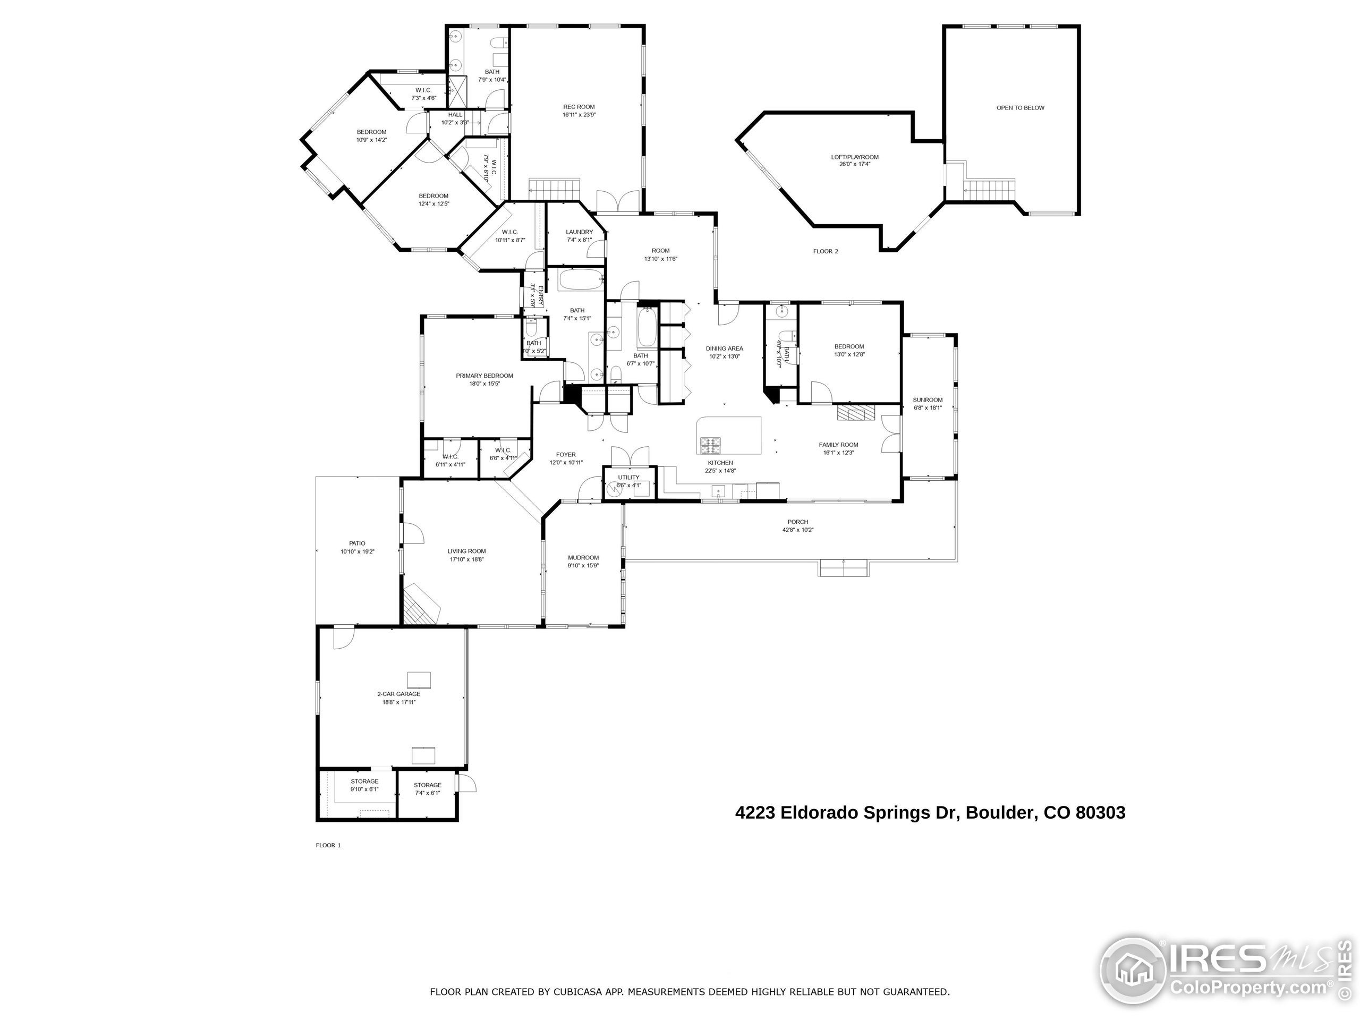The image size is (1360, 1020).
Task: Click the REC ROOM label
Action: [x=579, y=107]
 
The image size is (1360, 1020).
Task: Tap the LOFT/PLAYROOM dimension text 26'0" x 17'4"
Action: [x=855, y=164]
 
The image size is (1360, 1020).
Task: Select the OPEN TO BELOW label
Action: [x=1020, y=108]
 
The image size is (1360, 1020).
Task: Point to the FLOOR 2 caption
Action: [x=825, y=251]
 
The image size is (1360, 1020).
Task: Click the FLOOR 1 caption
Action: [x=328, y=845]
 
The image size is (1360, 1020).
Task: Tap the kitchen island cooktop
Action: [x=710, y=442]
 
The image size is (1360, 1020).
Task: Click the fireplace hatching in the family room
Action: [x=854, y=413]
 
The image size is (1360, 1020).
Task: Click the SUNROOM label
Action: [x=927, y=399]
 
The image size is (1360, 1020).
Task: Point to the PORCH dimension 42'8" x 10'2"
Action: [x=797, y=530]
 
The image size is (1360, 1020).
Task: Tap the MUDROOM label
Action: [x=583, y=558]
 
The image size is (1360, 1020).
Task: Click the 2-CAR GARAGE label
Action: [x=398, y=693]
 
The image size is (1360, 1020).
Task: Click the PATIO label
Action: [x=357, y=543]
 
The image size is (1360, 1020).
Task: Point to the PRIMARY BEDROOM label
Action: [x=484, y=376]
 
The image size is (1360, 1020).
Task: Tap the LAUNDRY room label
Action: [x=579, y=232]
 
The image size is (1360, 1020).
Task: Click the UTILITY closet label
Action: [x=628, y=477]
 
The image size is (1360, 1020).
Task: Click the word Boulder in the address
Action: [x=1000, y=813]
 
